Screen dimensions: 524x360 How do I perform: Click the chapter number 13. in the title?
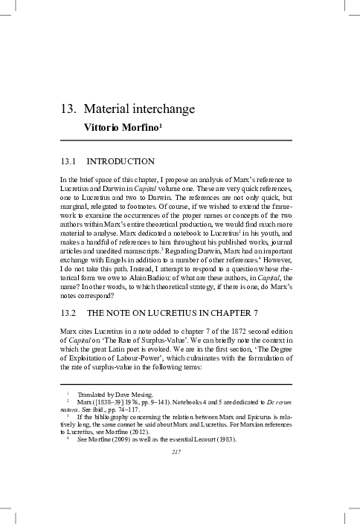(x=69, y=109)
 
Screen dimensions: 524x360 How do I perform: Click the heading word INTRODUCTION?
(x=120, y=161)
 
